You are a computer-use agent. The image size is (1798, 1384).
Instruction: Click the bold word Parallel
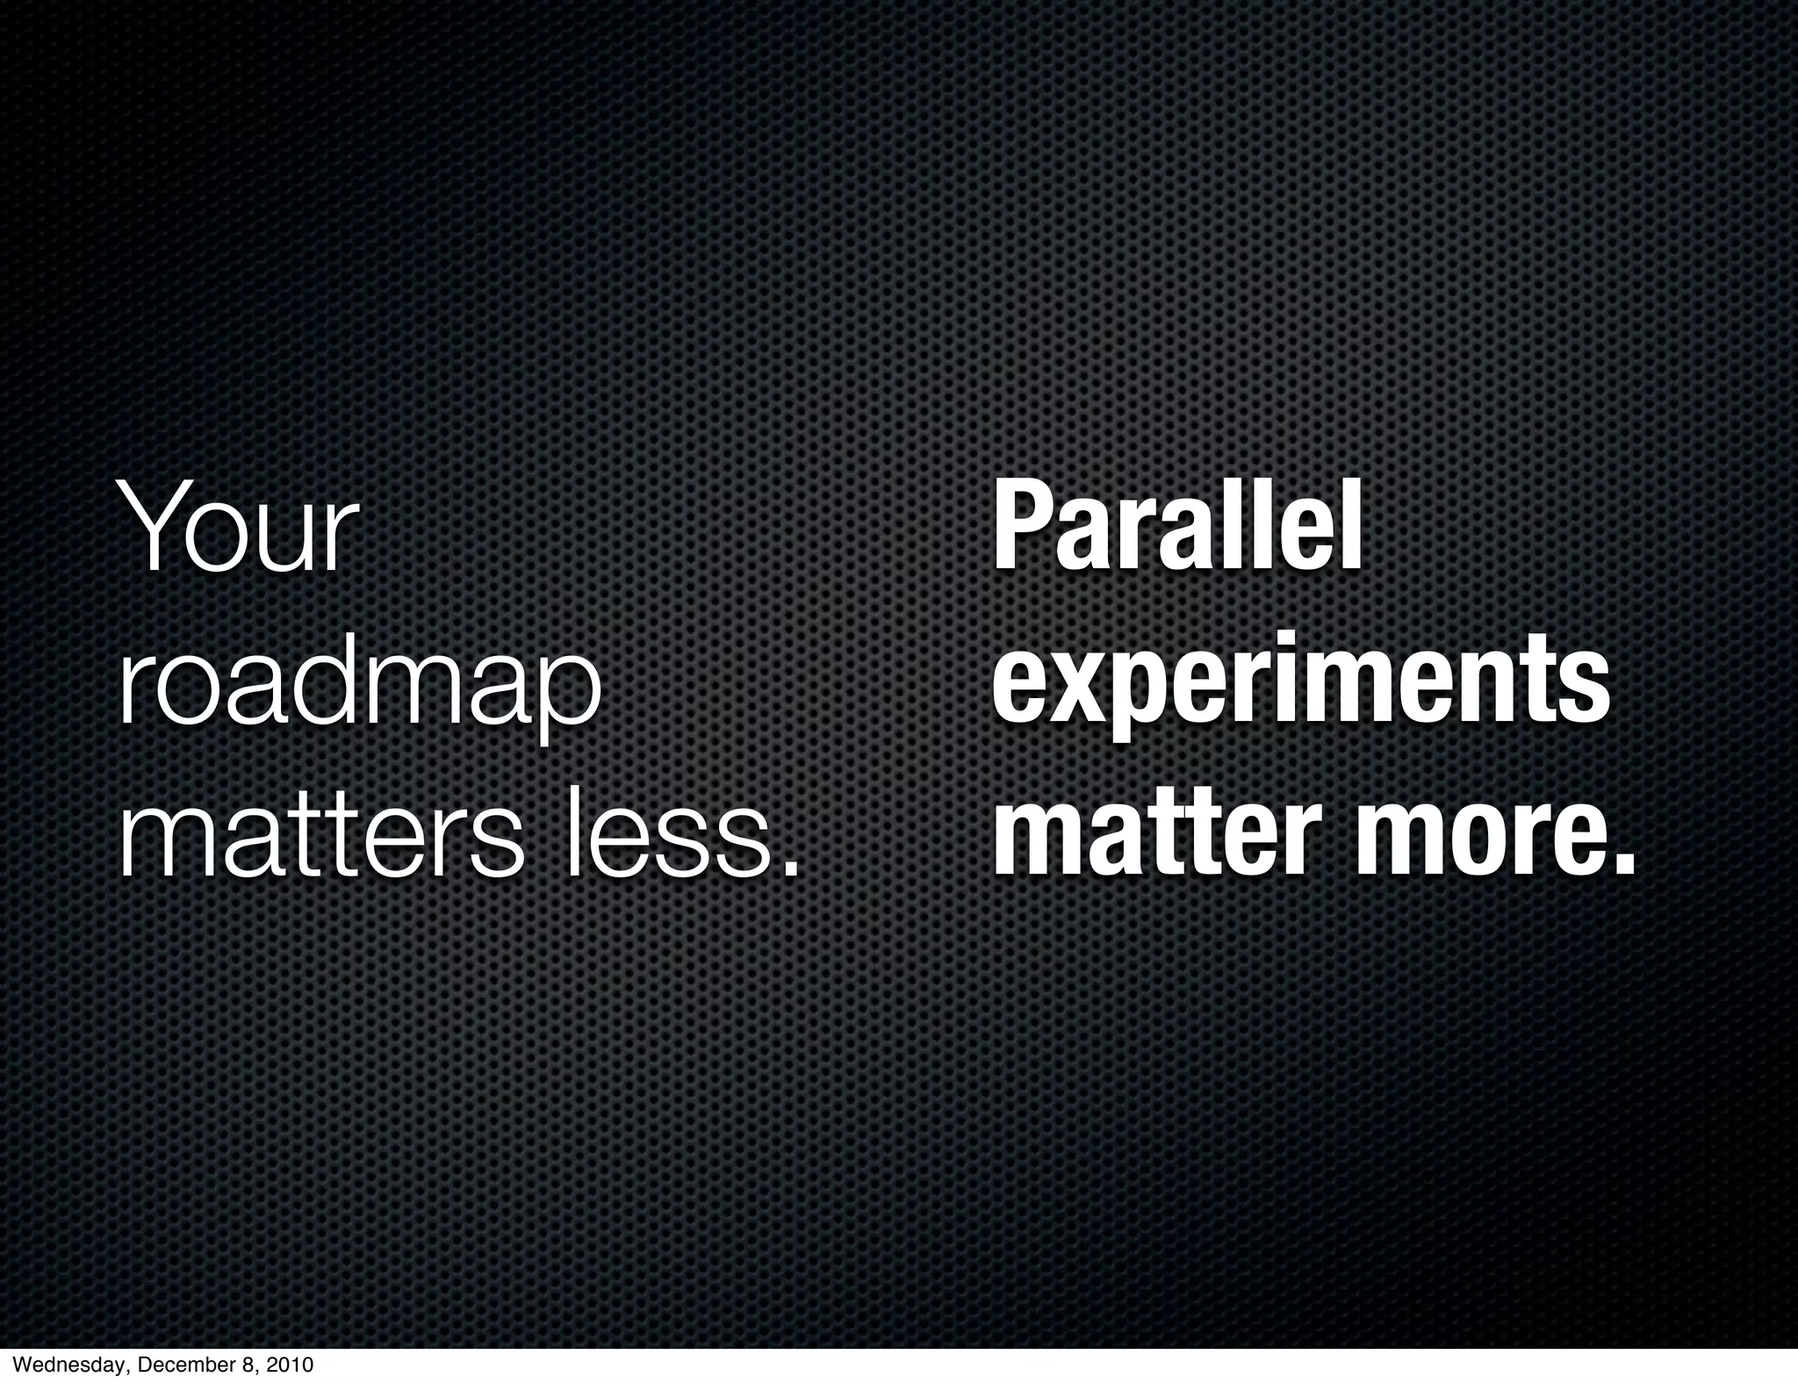(x=1177, y=530)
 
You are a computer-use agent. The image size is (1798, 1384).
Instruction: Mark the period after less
(x=791, y=869)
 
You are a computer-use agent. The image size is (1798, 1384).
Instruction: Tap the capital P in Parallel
(x=1021, y=530)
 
